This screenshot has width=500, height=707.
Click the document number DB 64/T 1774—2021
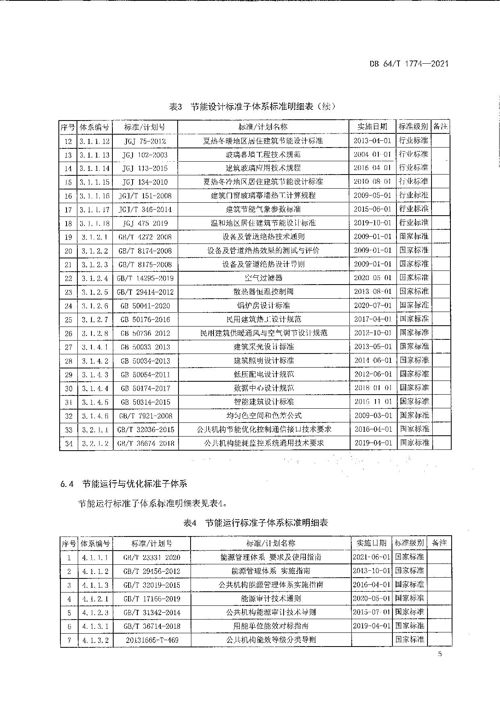[409, 64]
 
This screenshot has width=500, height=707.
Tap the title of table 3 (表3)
[252, 107]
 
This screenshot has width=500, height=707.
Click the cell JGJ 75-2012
[144, 141]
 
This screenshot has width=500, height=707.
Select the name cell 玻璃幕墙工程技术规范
[263, 155]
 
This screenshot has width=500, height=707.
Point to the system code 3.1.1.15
[94, 182]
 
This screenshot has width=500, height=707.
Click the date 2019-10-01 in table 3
[373, 223]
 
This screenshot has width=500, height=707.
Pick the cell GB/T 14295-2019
[145, 278]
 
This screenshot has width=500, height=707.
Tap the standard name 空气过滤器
[263, 278]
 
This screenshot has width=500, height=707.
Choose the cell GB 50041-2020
[145, 306]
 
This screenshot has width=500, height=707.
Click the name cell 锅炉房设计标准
[263, 306]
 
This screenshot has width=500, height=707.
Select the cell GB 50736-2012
[145, 333]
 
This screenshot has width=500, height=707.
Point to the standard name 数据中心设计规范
[263, 388]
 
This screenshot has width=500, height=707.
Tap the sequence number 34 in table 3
[68, 443]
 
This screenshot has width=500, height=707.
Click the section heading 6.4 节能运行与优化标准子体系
[124, 484]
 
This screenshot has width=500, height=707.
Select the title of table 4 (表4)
[255, 523]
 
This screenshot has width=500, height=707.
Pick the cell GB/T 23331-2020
[151, 557]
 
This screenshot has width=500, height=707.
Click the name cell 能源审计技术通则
[271, 599]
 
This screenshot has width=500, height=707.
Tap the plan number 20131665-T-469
[151, 640]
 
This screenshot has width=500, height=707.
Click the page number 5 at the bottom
[440, 654]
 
